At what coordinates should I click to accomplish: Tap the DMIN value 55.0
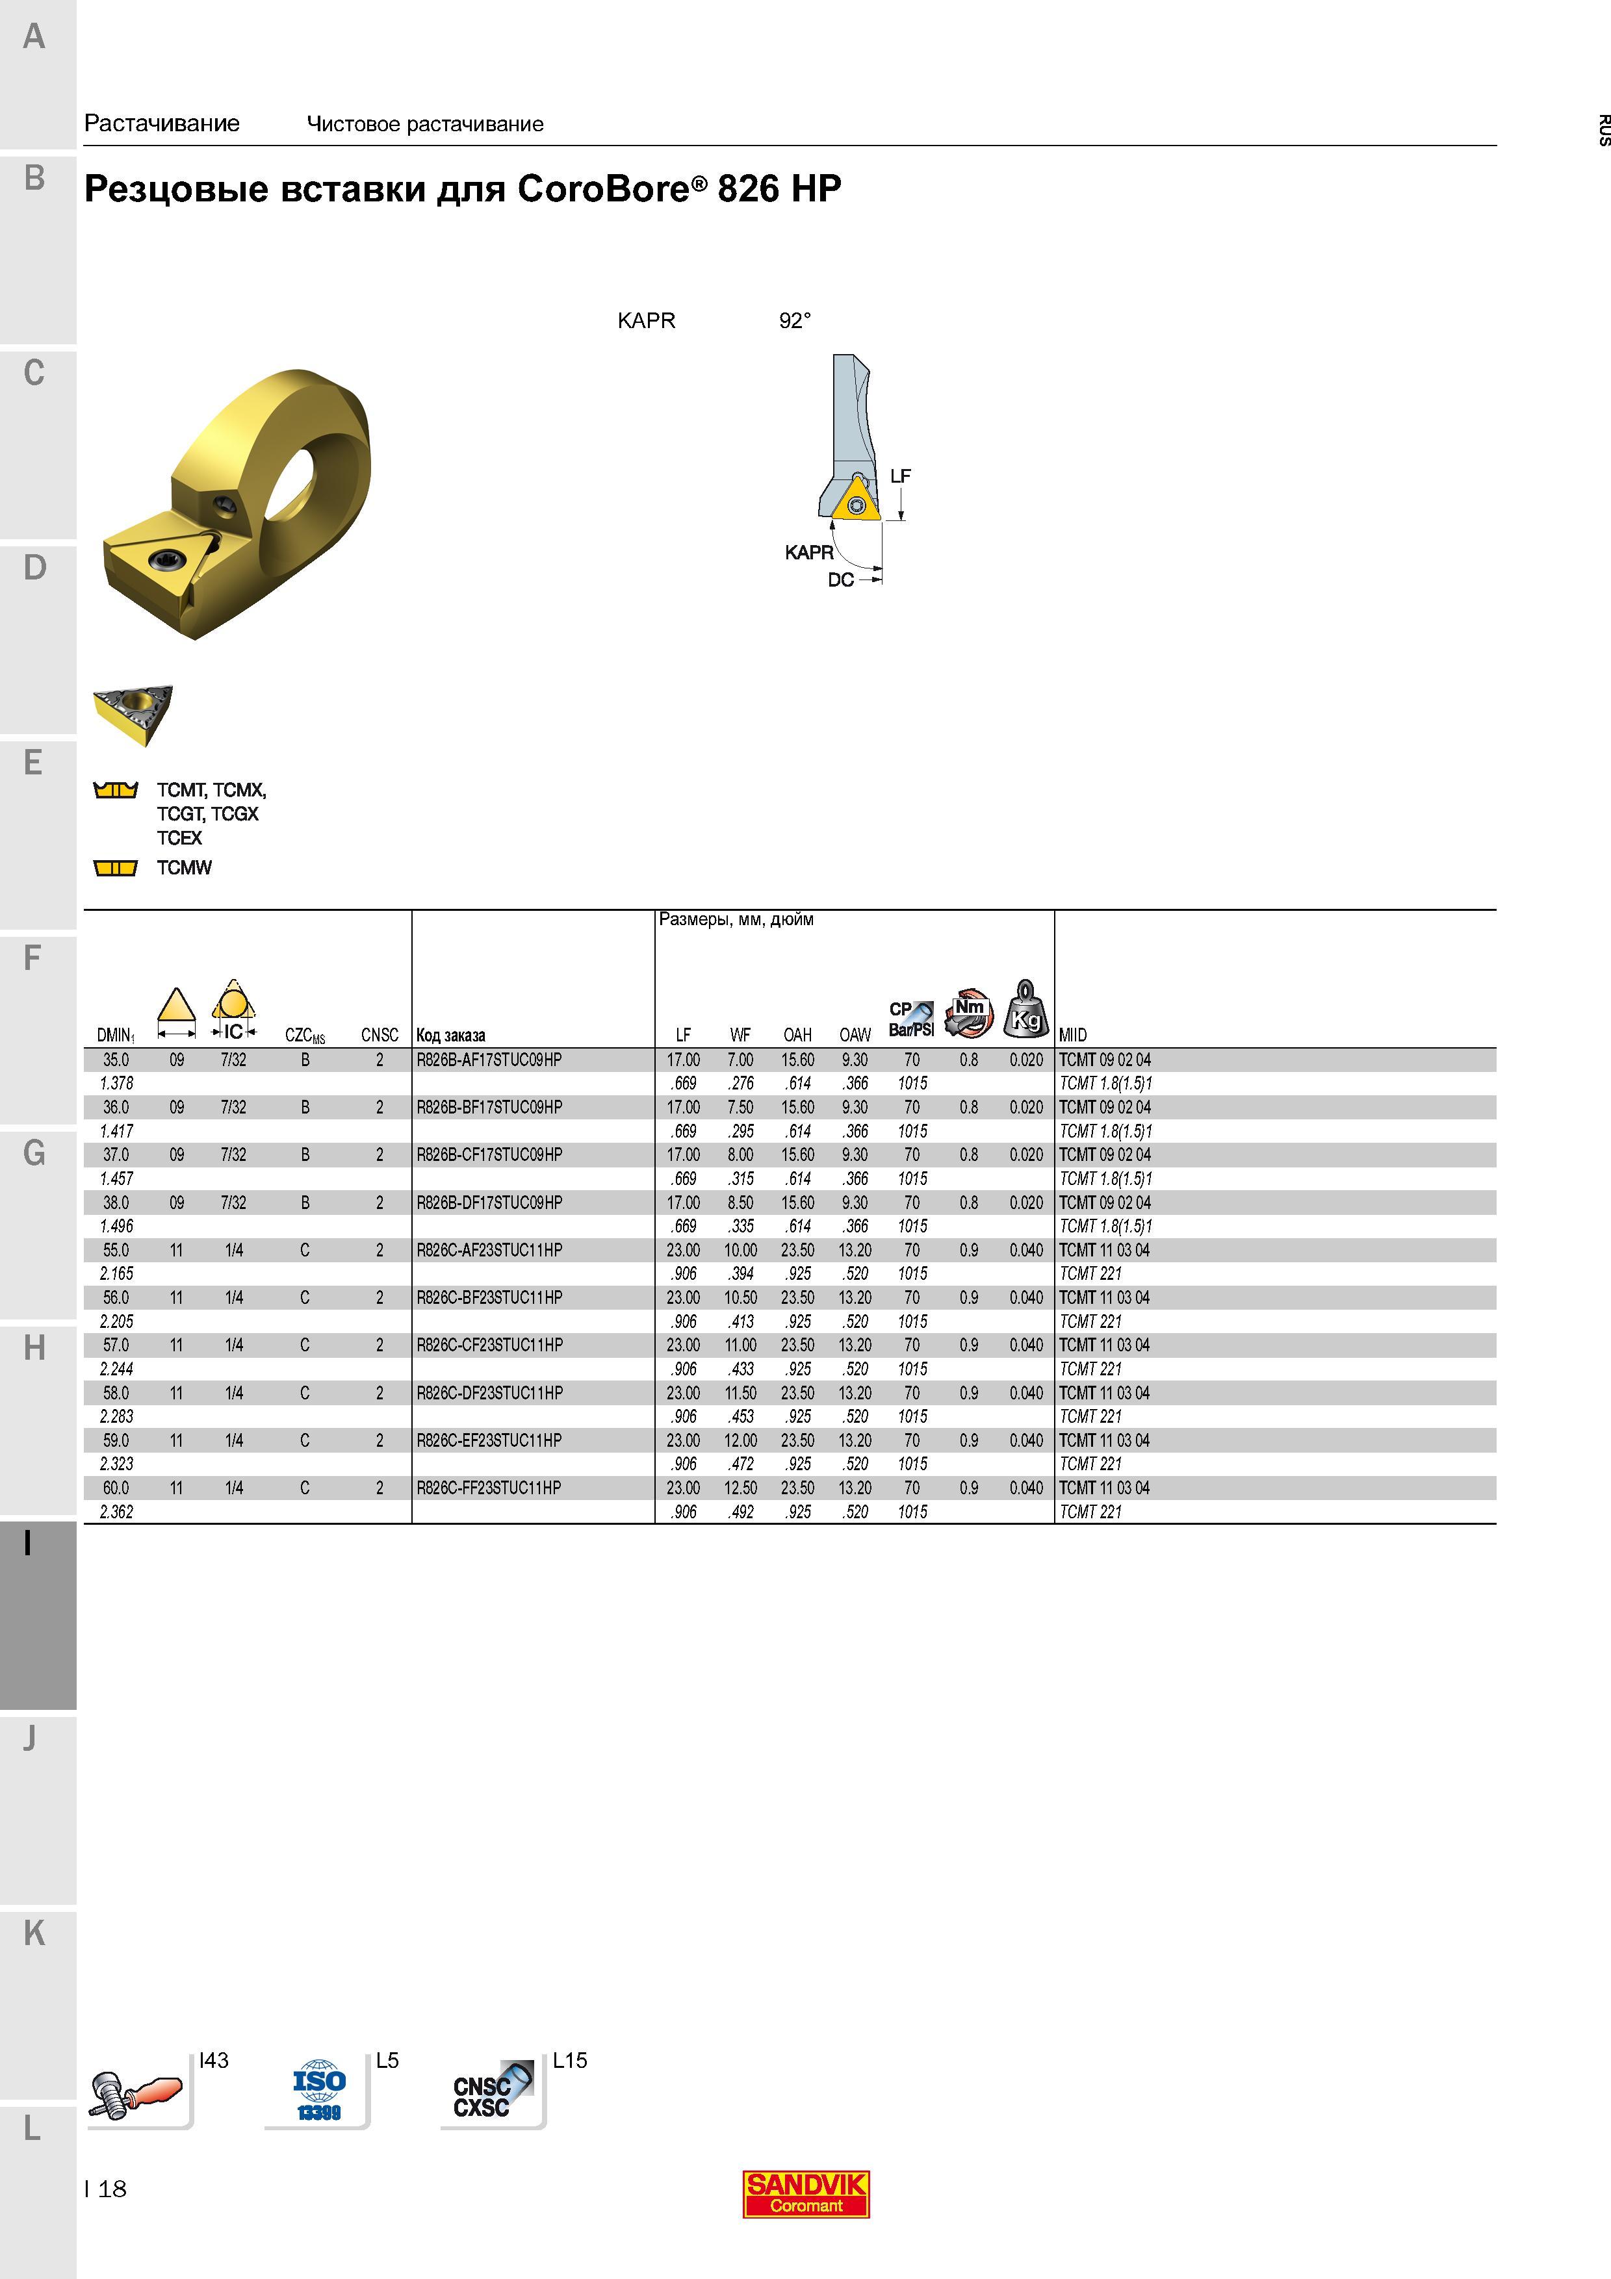[116, 1251]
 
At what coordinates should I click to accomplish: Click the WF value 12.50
[740, 1488]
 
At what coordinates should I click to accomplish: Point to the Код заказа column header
[450, 1036]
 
